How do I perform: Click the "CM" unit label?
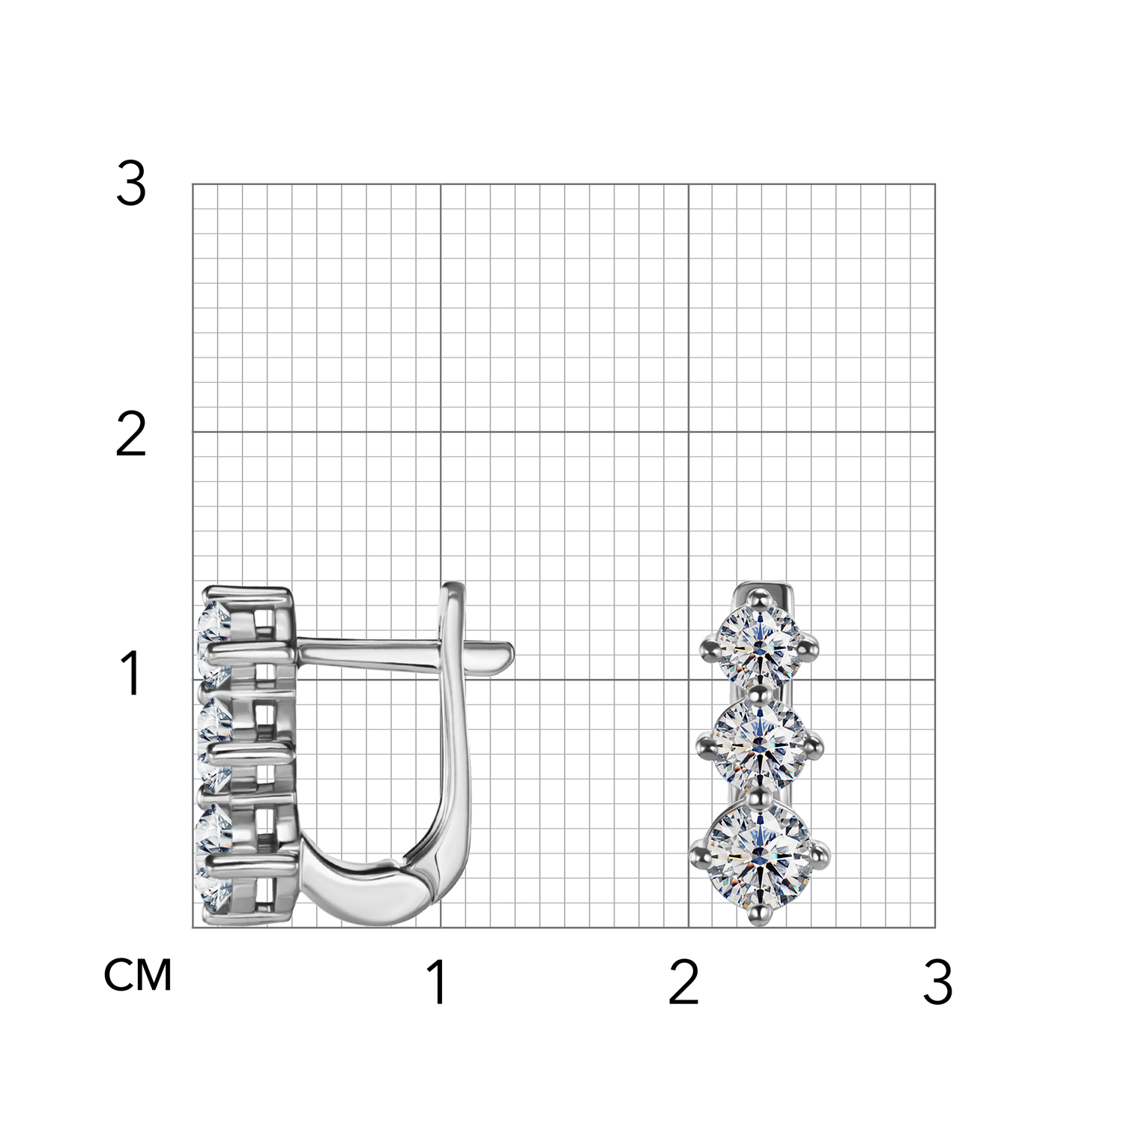coord(139,975)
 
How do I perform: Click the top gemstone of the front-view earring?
coord(760,644)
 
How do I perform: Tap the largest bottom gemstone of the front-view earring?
coord(760,854)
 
